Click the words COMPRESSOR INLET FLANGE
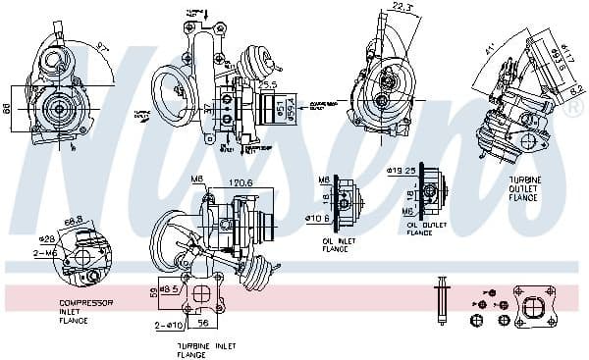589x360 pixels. click(x=86, y=311)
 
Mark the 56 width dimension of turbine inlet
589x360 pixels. click(x=204, y=321)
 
